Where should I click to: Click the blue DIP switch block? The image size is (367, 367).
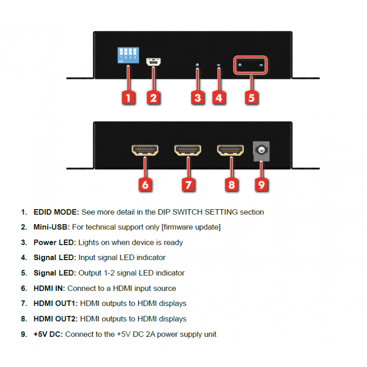[x=128, y=55]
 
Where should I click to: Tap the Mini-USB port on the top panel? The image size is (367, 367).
[x=153, y=62]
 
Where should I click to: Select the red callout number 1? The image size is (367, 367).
[x=128, y=98]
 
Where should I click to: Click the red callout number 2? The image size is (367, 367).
[x=153, y=98]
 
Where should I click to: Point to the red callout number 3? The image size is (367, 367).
[x=198, y=98]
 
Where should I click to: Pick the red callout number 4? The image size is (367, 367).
[x=219, y=98]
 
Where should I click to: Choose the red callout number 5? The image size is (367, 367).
[x=251, y=98]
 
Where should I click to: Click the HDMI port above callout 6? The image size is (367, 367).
[x=145, y=150]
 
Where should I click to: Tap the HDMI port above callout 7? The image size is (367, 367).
[x=188, y=150]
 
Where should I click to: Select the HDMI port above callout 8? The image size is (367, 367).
[x=231, y=150]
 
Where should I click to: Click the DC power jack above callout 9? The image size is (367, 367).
[x=261, y=151]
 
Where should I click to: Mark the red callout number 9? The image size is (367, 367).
[x=261, y=185]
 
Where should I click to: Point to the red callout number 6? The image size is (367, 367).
[x=145, y=185]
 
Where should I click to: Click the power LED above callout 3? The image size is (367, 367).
[x=197, y=65]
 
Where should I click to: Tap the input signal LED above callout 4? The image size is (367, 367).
[x=219, y=65]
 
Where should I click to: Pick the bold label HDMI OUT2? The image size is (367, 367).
[x=56, y=319]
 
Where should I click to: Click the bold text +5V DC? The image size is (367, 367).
[x=48, y=334]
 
